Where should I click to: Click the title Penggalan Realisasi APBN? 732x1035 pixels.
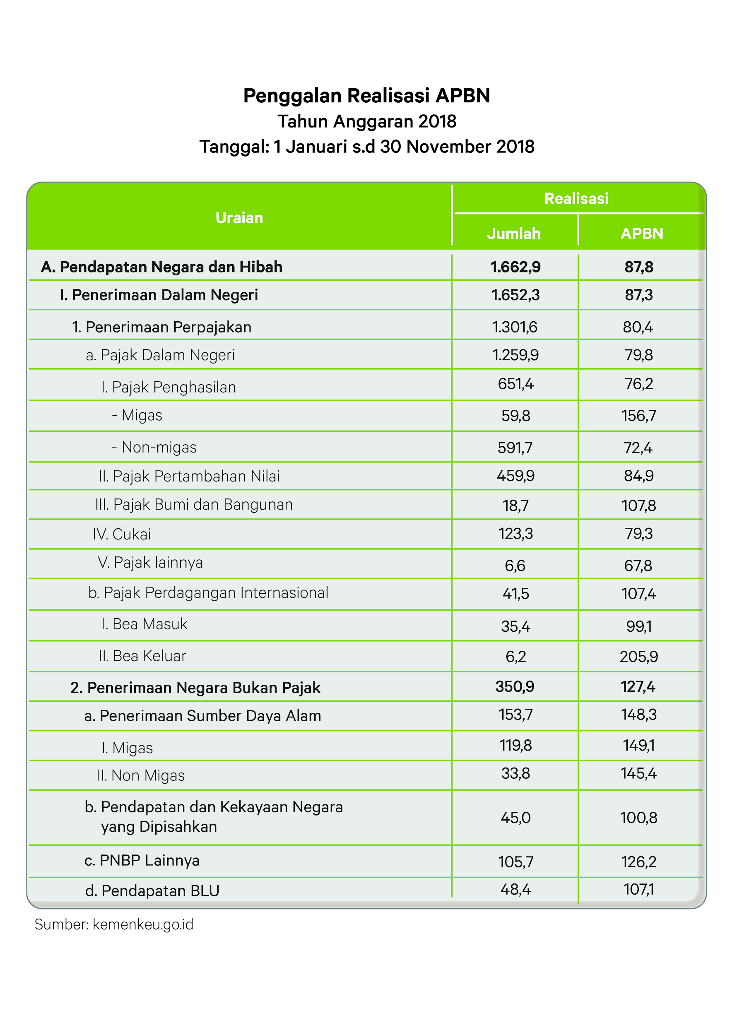click(x=366, y=96)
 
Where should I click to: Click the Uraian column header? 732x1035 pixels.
click(x=239, y=218)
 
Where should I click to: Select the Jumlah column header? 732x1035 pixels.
click(x=513, y=233)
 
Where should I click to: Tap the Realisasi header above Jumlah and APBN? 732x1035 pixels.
click(x=576, y=198)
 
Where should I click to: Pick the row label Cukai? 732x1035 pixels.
click(x=122, y=534)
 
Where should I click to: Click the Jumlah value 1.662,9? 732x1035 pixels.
click(x=515, y=267)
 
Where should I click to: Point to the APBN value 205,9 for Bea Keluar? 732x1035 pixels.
click(x=639, y=656)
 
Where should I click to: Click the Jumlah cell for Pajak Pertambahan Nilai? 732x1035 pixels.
click(x=515, y=476)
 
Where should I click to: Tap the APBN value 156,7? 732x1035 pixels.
click(x=639, y=416)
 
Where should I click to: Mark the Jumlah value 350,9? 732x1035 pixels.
click(x=515, y=686)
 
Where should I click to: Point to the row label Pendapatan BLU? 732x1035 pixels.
click(x=152, y=891)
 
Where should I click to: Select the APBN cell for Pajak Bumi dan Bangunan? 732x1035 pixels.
click(x=639, y=505)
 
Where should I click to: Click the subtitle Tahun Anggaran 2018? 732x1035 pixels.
click(x=366, y=121)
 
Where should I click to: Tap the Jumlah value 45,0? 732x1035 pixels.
click(x=515, y=818)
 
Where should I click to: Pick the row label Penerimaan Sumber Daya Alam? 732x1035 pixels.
click(x=202, y=716)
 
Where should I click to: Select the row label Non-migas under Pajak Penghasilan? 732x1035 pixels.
click(x=154, y=447)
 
